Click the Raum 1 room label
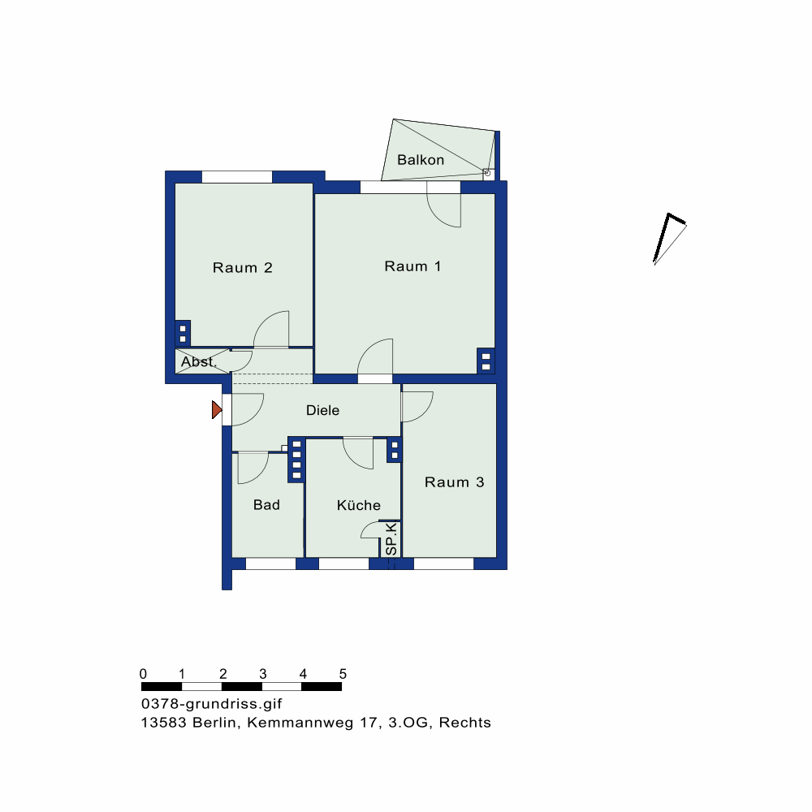412,266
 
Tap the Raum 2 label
242,268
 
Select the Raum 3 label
454,482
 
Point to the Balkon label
421,160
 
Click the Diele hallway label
322,411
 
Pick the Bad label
266,505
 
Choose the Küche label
358,505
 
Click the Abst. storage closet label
198,361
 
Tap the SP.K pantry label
391,539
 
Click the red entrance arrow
217,409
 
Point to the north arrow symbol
670,239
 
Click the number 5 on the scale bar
343,674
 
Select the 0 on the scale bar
144,674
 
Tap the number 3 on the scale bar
263,674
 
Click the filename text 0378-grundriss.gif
211,704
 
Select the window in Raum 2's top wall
236,176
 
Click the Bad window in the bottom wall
270,564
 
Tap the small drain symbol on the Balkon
487,173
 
